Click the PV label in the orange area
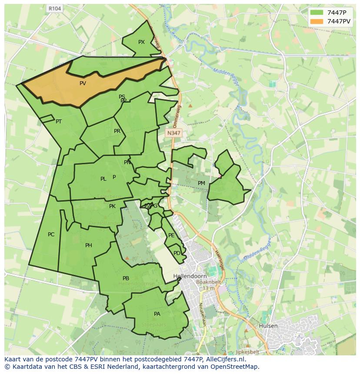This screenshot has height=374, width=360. coord(83,83)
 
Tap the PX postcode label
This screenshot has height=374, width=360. coord(141,42)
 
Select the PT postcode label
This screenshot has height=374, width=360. coord(59,122)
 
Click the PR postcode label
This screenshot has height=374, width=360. coord(117,131)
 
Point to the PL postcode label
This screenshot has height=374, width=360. coord(103,179)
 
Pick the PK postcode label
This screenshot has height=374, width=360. coord(112,206)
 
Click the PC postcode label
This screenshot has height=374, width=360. coord(51,235)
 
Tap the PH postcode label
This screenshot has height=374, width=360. coord(89,245)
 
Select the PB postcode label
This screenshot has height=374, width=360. coord(126,278)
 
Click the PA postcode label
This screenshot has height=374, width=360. coord(157,314)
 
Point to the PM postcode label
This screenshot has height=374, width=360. coord(201,183)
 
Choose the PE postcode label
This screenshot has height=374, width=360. coord(171,235)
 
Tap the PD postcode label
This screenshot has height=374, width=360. coord(177,253)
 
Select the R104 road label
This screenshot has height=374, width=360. coord(54,8)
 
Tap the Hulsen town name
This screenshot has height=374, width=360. coord(267,325)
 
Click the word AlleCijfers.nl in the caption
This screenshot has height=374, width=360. coord(224,360)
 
